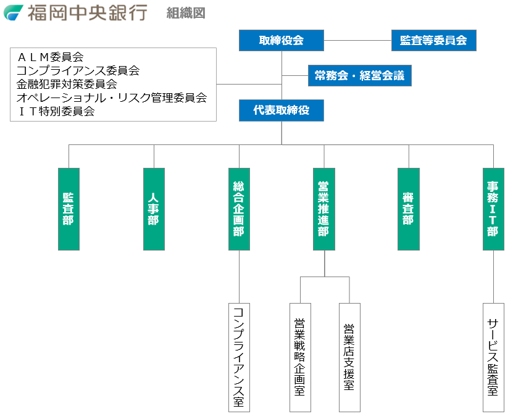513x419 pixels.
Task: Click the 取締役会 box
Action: coord(282,41)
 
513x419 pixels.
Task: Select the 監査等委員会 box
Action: coord(433,41)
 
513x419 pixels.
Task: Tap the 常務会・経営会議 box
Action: coord(359,76)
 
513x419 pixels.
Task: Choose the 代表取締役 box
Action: coord(282,110)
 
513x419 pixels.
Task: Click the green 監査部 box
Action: coord(69,209)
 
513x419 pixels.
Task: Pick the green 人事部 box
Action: coord(154,209)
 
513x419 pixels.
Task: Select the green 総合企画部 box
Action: coord(239,209)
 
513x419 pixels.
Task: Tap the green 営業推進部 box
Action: coord(323,209)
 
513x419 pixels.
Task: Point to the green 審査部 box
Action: coord(408,209)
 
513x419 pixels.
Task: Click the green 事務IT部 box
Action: coord(493,209)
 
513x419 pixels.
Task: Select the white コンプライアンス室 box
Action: coord(239,357)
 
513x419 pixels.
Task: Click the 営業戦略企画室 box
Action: coord(300,357)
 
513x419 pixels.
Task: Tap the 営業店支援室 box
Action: coord(349,357)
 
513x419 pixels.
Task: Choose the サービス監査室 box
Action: coord(493,357)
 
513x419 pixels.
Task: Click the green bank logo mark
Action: coord(14,12)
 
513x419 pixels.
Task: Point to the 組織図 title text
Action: coord(186,13)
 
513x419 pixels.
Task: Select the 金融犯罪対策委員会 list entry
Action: coord(67,85)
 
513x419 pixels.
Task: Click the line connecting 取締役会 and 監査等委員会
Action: coord(357,41)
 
